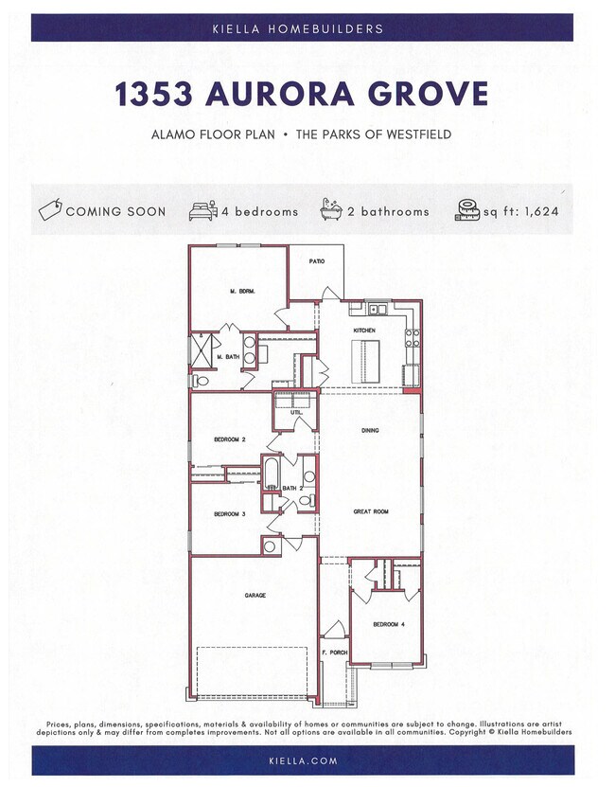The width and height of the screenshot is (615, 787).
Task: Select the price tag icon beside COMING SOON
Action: tap(50, 210)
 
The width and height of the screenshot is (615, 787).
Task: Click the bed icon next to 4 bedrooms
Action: tap(202, 210)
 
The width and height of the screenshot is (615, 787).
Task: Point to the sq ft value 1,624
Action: tap(536, 211)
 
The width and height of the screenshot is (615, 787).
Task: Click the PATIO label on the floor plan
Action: tap(317, 260)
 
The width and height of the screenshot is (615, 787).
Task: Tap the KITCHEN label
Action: tap(364, 331)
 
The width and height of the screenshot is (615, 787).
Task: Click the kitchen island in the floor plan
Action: tap(363, 357)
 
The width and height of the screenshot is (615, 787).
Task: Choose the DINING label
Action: tap(370, 431)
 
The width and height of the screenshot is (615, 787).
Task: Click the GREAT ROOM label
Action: tap(371, 511)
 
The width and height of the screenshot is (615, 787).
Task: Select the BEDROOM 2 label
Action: tap(229, 439)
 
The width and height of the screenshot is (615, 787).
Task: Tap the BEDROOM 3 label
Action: tap(229, 514)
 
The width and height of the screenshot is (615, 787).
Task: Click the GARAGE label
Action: tap(255, 596)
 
